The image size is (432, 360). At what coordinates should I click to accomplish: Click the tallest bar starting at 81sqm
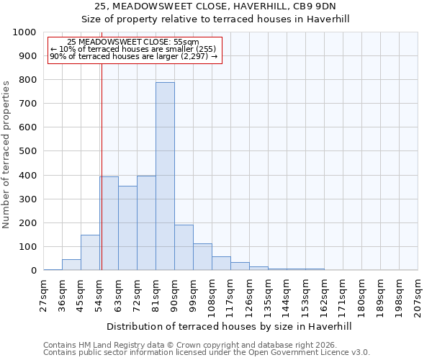point(165,176)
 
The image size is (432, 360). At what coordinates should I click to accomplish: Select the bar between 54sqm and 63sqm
point(109,223)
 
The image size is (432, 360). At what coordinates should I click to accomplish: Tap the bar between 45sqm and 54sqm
point(90,253)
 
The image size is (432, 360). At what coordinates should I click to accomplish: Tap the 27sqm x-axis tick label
point(44,296)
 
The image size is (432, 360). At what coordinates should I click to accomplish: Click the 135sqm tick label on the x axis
point(269,296)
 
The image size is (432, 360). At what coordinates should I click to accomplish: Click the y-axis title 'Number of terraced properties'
point(6,154)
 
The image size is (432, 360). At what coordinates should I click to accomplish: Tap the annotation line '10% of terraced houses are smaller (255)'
point(134,49)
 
